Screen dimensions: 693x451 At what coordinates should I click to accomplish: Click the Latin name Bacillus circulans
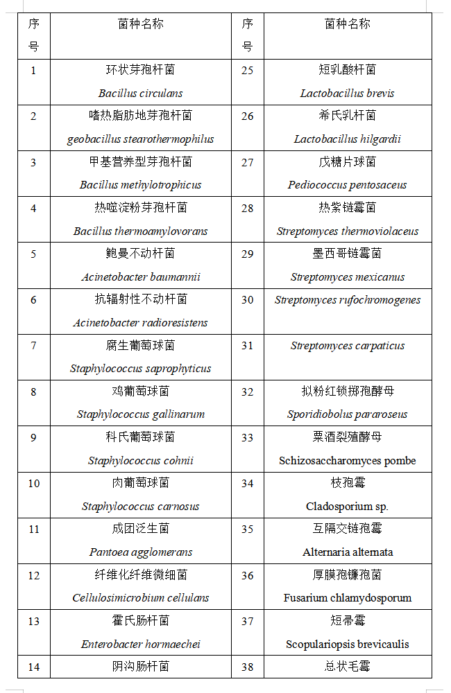pyautogui.click(x=140, y=93)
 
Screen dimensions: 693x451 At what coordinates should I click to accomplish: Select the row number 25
pyautogui.click(x=248, y=70)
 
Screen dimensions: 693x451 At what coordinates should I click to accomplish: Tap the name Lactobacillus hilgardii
pyautogui.click(x=347, y=139)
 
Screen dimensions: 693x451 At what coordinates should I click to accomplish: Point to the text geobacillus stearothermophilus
pyautogui.click(x=140, y=139)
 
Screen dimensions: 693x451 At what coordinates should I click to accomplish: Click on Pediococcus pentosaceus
pyautogui.click(x=347, y=184)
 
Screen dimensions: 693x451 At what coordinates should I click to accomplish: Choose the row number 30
pyautogui.click(x=248, y=300)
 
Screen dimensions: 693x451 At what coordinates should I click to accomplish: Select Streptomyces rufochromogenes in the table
pyautogui.click(x=347, y=300)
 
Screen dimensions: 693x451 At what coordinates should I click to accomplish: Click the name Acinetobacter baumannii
pyautogui.click(x=140, y=277)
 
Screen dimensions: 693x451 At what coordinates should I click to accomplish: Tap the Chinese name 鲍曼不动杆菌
pyautogui.click(x=140, y=254)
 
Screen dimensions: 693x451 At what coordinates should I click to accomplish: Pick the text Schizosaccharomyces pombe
pyautogui.click(x=347, y=460)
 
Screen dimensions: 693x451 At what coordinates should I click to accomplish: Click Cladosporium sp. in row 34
pyautogui.click(x=347, y=506)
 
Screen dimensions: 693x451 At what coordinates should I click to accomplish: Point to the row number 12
pyautogui.click(x=34, y=575)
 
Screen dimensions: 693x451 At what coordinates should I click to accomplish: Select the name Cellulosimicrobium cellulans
pyautogui.click(x=140, y=597)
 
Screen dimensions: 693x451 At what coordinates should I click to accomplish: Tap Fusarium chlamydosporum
pyautogui.click(x=347, y=597)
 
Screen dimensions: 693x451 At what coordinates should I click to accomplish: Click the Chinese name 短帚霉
pyautogui.click(x=347, y=621)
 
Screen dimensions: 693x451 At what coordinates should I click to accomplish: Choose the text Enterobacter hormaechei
pyautogui.click(x=140, y=644)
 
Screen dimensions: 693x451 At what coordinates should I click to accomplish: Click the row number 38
pyautogui.click(x=248, y=667)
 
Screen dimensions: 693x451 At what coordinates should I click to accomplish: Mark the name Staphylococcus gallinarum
pyautogui.click(x=140, y=414)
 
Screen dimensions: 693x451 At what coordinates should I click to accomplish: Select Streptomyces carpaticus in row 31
pyautogui.click(x=347, y=346)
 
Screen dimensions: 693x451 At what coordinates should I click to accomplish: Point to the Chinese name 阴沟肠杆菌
pyautogui.click(x=140, y=667)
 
